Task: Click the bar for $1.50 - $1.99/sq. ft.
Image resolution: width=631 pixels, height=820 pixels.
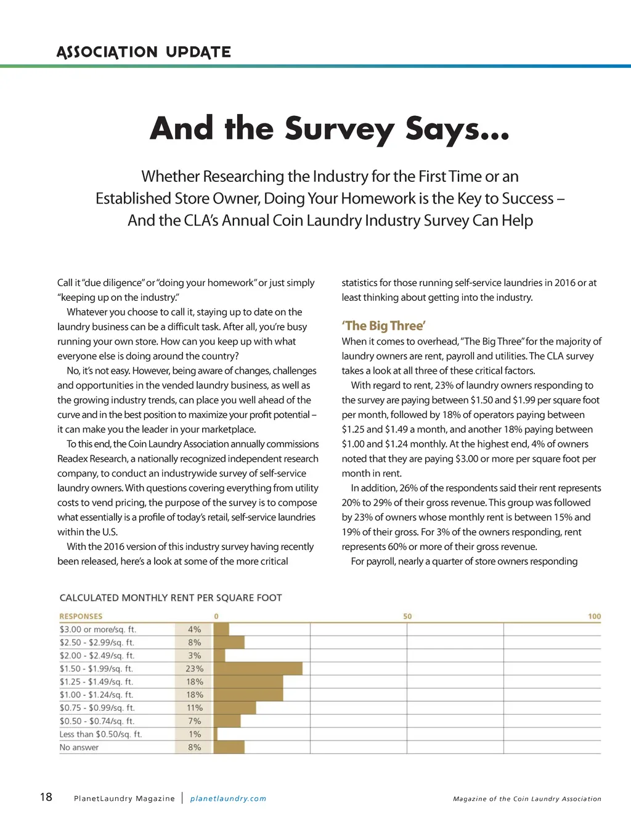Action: (x=258, y=668)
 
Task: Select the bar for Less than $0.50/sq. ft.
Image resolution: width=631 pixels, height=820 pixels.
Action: (x=216, y=734)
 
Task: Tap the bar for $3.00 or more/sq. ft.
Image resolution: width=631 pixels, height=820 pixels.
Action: (x=221, y=629)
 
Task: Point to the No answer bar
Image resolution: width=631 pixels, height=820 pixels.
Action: (x=229, y=747)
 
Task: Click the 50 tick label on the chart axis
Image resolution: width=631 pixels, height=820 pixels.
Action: (x=407, y=616)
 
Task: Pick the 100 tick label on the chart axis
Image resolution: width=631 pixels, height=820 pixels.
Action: (x=594, y=616)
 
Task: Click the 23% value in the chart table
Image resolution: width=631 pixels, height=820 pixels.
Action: (x=195, y=668)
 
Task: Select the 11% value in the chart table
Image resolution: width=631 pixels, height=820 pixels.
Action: (x=195, y=708)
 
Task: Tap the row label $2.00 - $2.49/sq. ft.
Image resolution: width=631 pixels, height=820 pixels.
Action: (x=97, y=655)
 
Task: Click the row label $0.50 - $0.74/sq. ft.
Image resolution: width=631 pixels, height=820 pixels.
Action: (x=97, y=721)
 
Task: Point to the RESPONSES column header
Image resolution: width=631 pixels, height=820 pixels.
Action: (x=81, y=616)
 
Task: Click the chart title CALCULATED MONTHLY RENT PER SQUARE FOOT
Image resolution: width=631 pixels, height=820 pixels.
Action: (x=171, y=597)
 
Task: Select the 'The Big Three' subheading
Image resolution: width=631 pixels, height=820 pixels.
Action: (x=383, y=326)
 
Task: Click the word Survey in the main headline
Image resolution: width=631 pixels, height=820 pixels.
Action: (x=339, y=129)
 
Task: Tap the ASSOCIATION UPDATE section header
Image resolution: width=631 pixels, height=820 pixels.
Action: (x=144, y=52)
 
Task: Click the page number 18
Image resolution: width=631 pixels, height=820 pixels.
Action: (x=46, y=797)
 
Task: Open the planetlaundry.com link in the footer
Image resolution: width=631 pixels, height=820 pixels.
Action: (x=228, y=798)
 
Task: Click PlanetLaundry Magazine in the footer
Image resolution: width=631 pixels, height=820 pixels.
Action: (x=124, y=798)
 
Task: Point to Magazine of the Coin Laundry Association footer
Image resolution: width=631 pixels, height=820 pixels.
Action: (x=527, y=798)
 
